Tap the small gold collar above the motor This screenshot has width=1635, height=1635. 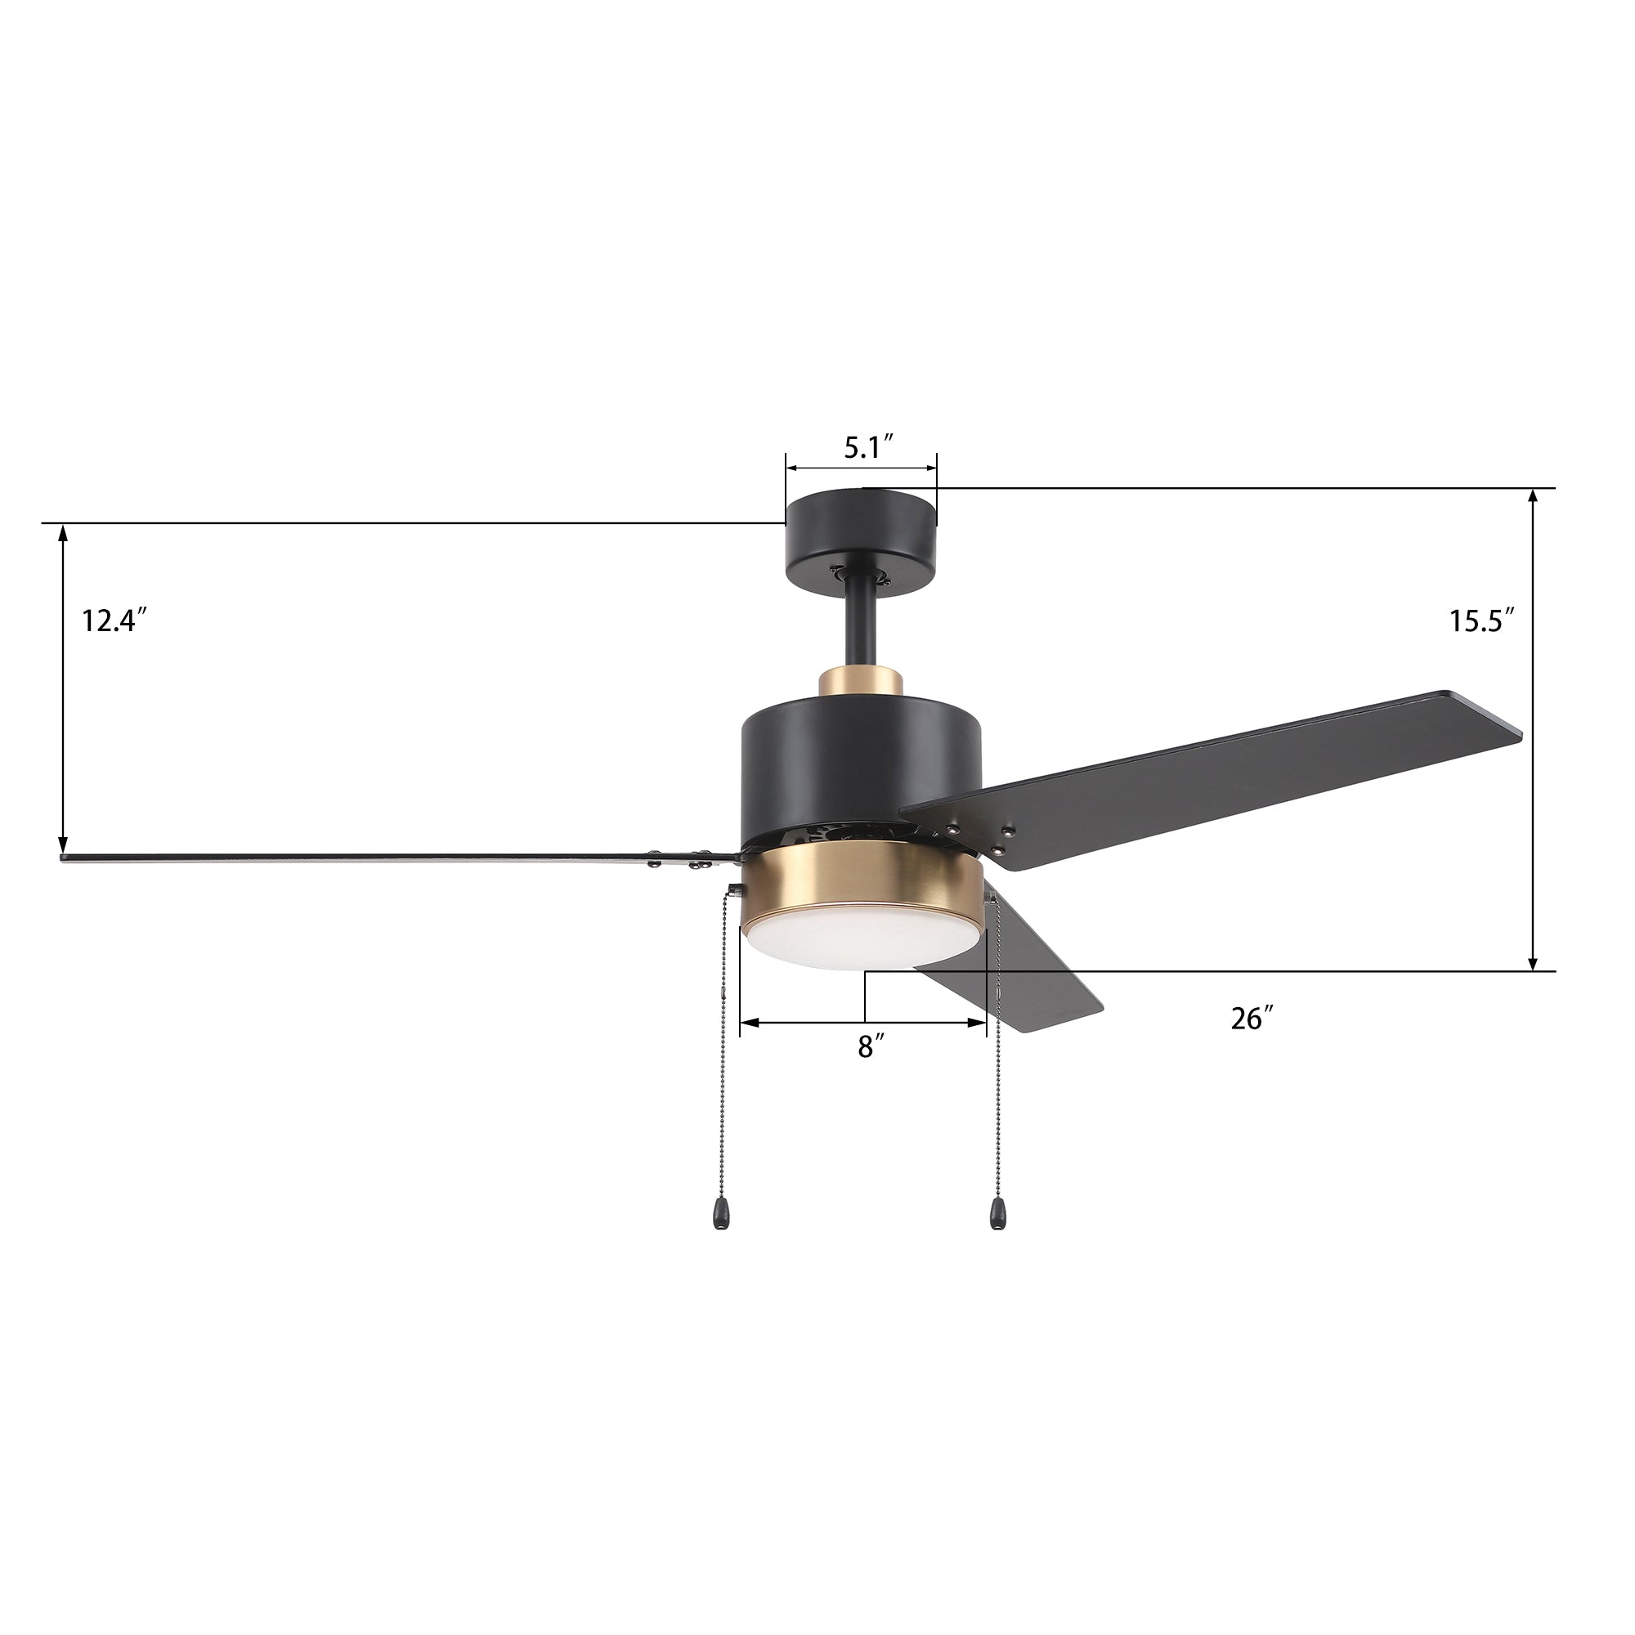861,692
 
